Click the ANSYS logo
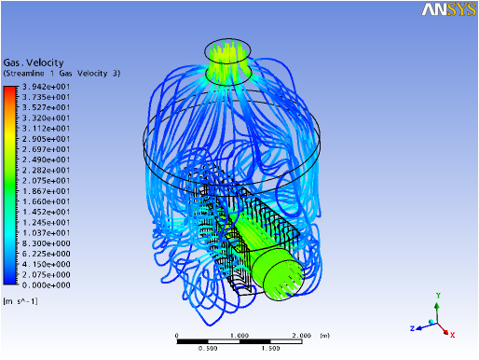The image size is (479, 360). click(x=448, y=9)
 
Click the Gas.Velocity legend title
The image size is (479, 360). click(x=34, y=62)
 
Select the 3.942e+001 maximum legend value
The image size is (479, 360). click(x=46, y=87)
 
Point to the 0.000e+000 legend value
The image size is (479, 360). click(x=46, y=285)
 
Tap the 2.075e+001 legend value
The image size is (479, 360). click(x=46, y=181)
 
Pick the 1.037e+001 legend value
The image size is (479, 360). click(x=46, y=233)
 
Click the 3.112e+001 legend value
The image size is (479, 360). click(x=46, y=129)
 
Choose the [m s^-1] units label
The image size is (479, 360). click(x=21, y=301)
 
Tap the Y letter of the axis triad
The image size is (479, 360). click(x=438, y=296)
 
